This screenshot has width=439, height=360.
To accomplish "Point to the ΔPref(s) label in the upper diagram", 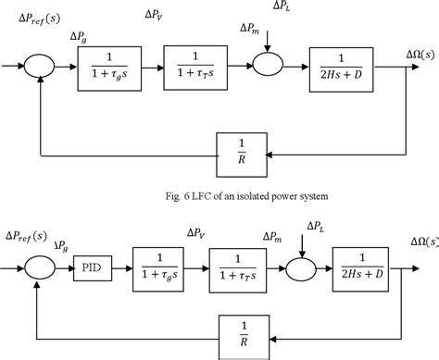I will (31, 20).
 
